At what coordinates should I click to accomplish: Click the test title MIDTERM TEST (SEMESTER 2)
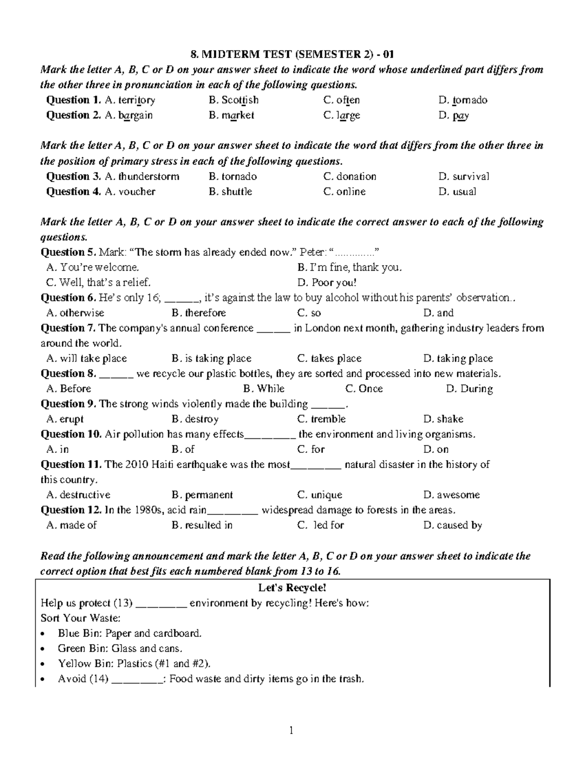[x=292, y=54]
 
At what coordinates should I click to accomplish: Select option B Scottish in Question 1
[x=234, y=100]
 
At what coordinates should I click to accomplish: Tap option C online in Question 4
[x=344, y=192]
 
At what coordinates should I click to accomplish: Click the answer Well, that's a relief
[x=98, y=283]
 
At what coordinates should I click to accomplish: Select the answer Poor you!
[x=327, y=283]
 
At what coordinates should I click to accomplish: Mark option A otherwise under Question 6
[x=75, y=313]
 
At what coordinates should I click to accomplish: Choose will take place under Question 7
[x=86, y=359]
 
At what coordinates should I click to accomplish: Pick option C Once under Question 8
[x=364, y=389]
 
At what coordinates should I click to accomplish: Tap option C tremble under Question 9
[x=321, y=419]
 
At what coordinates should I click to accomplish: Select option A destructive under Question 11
[x=78, y=495]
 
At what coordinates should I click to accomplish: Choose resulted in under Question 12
[x=202, y=525]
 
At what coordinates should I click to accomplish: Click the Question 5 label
[x=69, y=252]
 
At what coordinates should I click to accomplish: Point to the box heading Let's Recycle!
[x=292, y=588]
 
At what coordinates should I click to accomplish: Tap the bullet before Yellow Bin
[x=44, y=664]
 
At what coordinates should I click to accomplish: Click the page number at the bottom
[x=292, y=731]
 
